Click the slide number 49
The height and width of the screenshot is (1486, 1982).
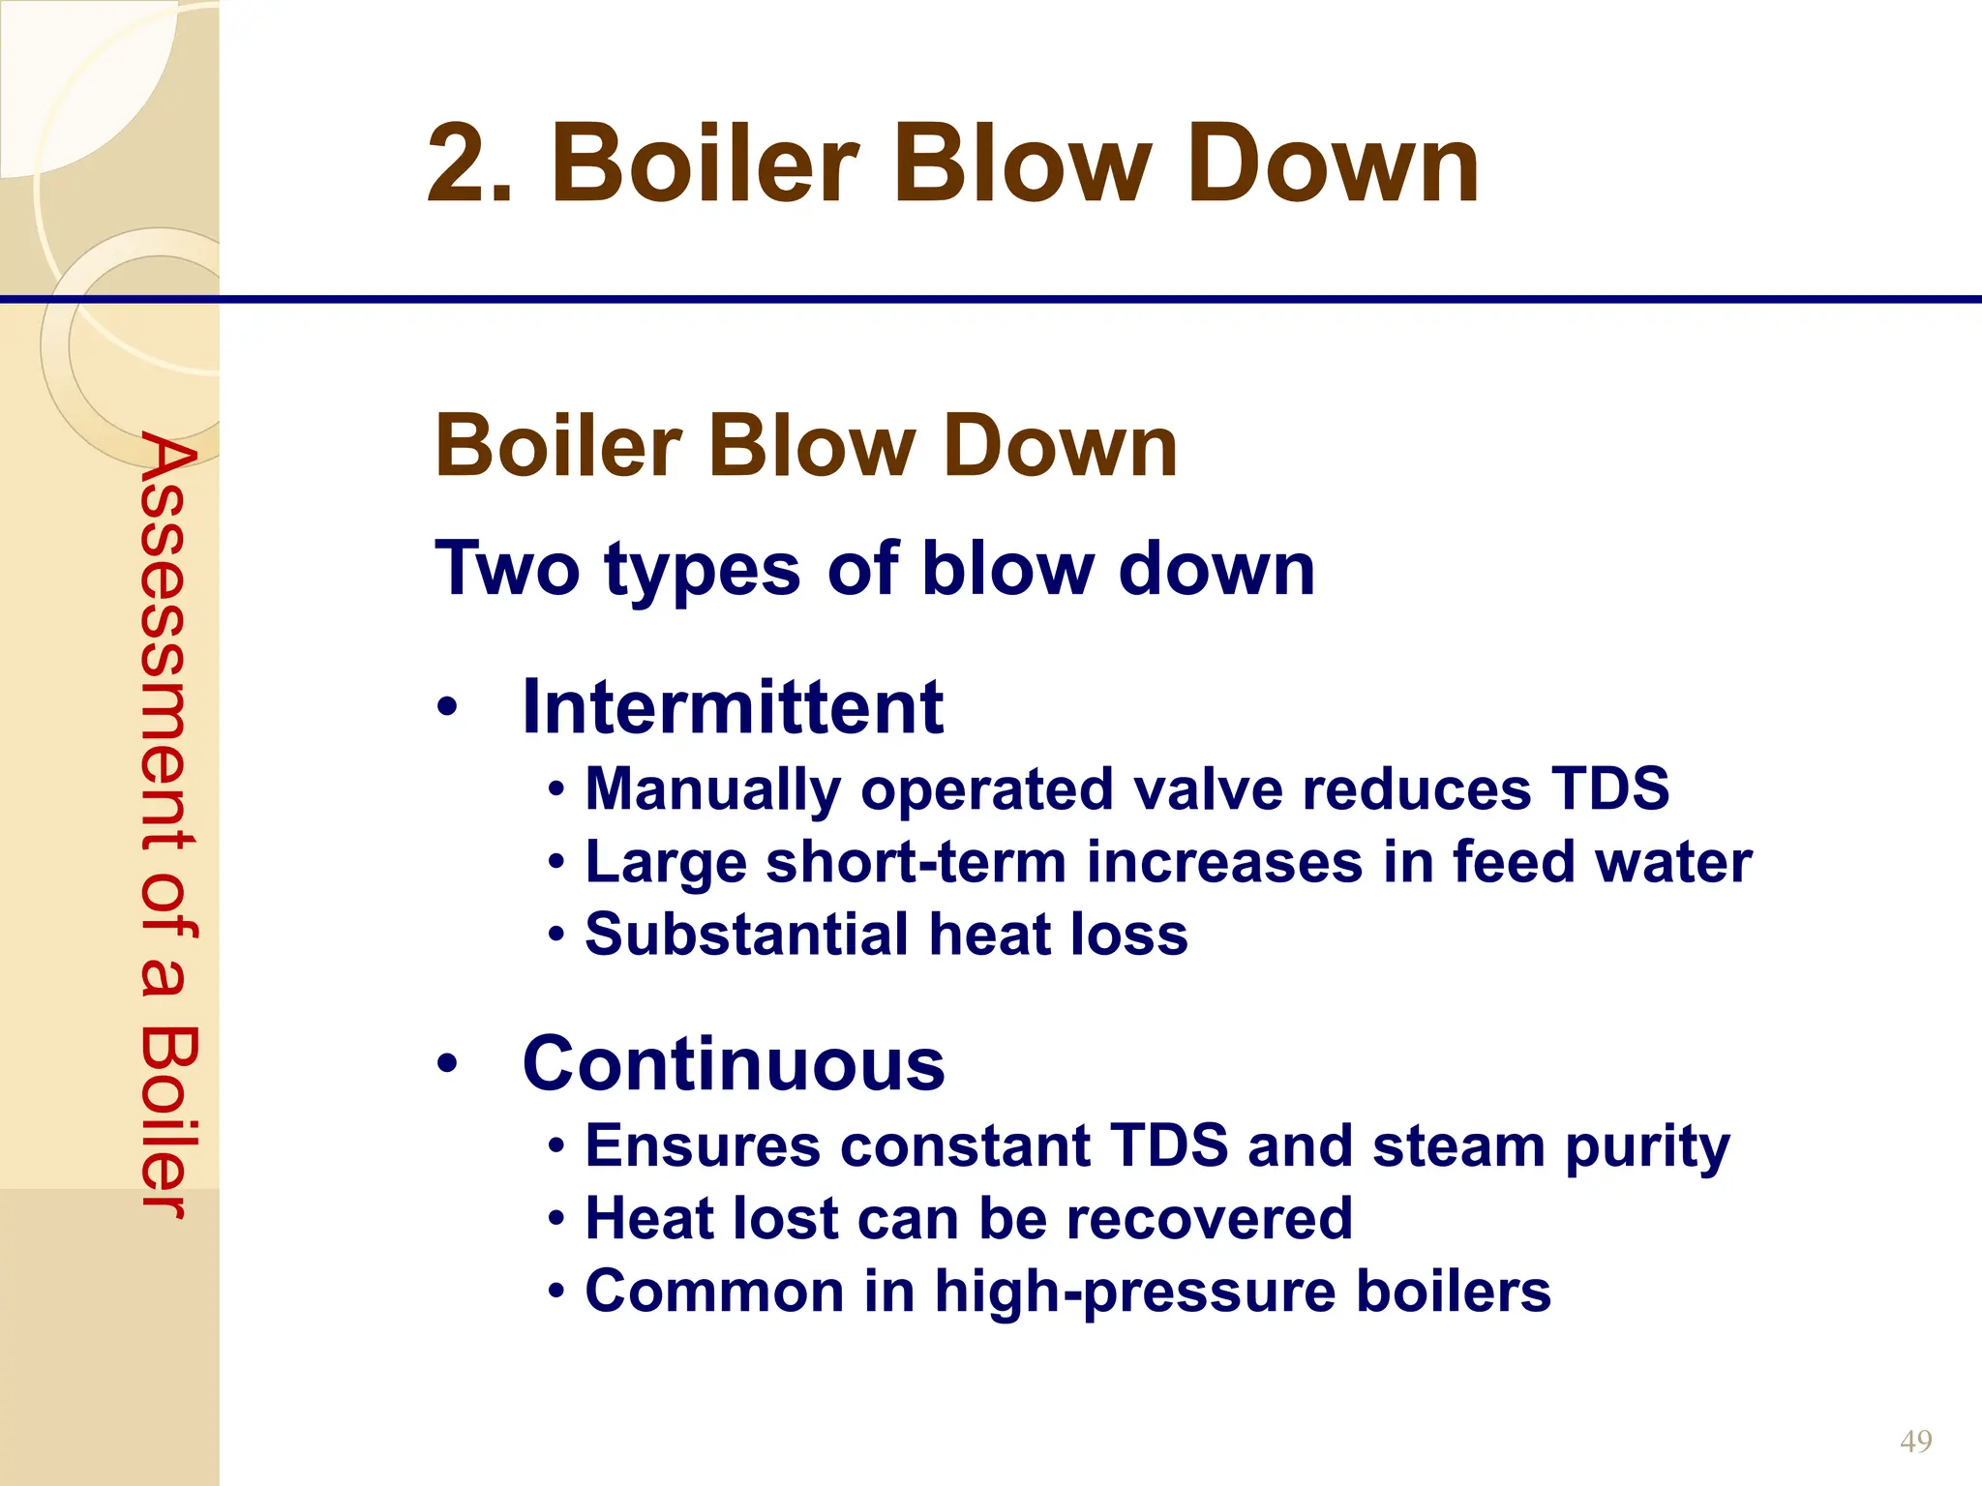(1915, 1441)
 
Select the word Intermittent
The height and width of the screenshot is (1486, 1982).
(732, 707)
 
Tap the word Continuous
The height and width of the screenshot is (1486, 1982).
(733, 1063)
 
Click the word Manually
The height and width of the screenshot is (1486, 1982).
(713, 789)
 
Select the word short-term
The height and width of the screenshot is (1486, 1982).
(916, 861)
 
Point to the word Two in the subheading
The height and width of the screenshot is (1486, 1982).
(508, 569)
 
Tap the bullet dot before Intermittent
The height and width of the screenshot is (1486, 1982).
(446, 708)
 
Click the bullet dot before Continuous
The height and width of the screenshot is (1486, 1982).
(446, 1064)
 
